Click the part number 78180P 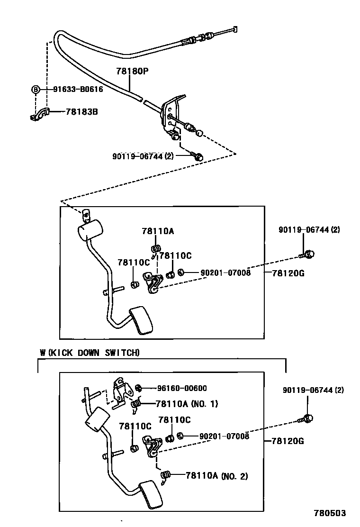click(133, 71)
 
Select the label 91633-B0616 click(78, 89)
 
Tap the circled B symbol click(35, 89)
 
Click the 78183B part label click(81, 112)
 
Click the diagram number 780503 click(329, 513)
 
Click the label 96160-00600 click(181, 388)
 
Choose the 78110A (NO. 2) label click(216, 476)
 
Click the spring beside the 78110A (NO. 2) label click(166, 476)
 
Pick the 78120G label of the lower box click(288, 441)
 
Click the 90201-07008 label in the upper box click(225, 273)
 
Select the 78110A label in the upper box click(157, 231)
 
